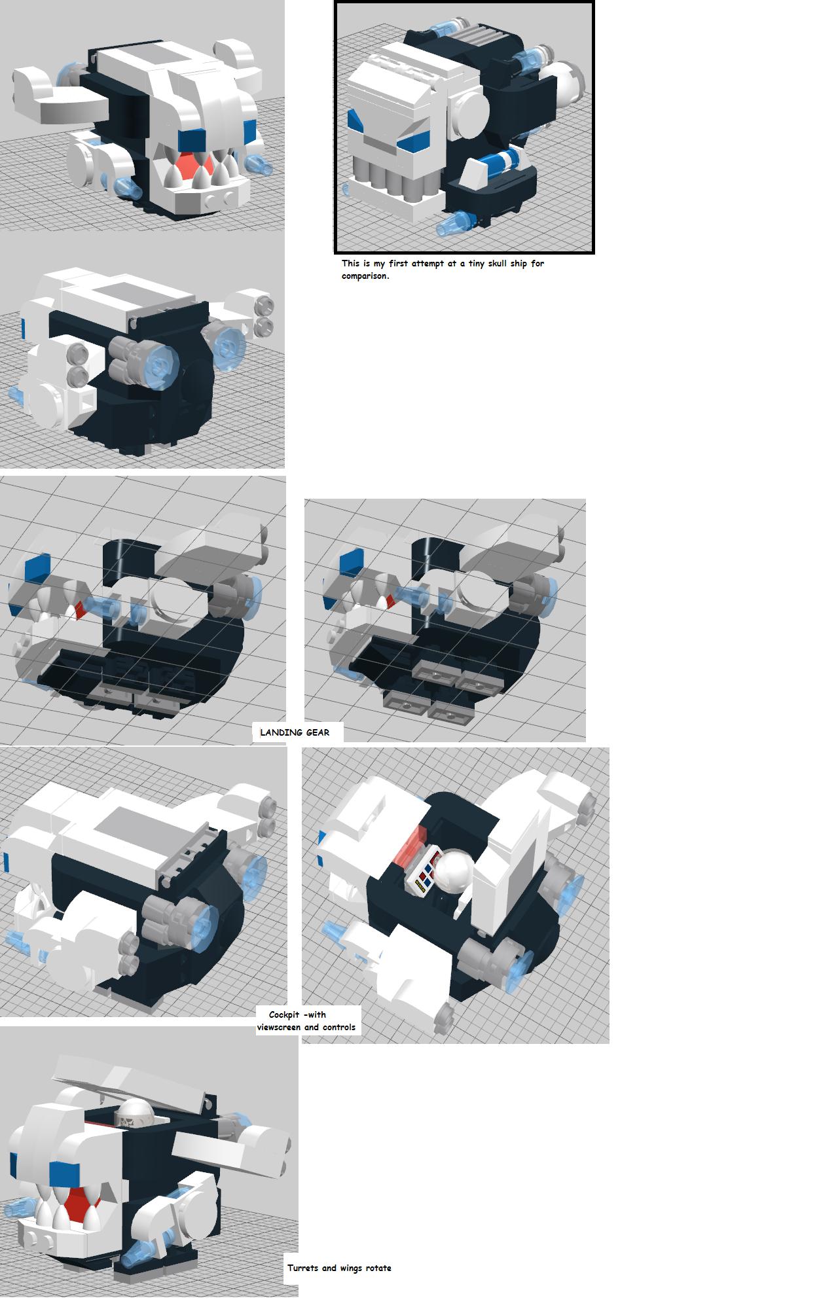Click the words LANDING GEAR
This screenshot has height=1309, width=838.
click(295, 732)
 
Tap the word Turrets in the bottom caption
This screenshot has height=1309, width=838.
click(302, 1268)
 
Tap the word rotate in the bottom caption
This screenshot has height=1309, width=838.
click(378, 1268)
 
